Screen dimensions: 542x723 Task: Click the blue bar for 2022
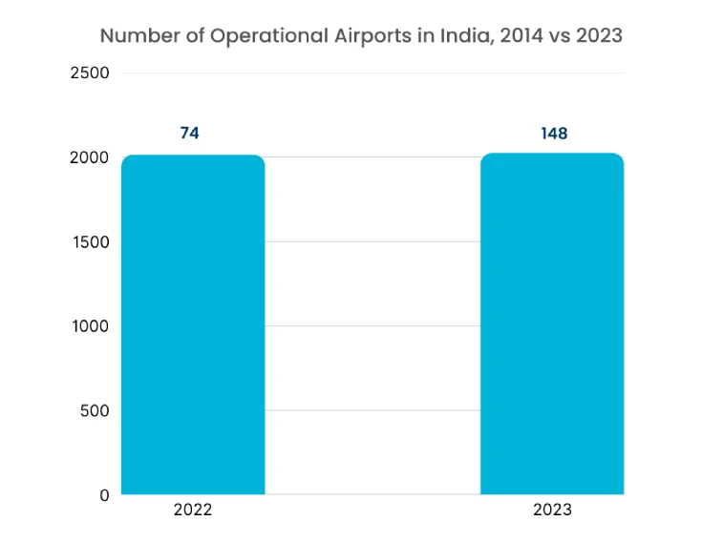tap(193, 324)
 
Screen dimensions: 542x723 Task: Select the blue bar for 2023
tap(551, 324)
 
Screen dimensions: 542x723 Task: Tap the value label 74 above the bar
tap(189, 133)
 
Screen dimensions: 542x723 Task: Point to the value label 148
tap(554, 133)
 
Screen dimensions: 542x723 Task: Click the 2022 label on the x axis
tap(193, 510)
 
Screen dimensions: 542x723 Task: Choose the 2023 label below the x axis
tap(552, 510)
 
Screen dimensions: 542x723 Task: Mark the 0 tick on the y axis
tap(103, 494)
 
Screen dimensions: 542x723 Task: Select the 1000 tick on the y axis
tap(90, 326)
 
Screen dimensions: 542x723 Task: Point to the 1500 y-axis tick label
tap(90, 241)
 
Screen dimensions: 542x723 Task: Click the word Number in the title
tap(135, 36)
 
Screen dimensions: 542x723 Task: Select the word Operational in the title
tap(253, 36)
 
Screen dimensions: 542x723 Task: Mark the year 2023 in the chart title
tap(601, 36)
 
